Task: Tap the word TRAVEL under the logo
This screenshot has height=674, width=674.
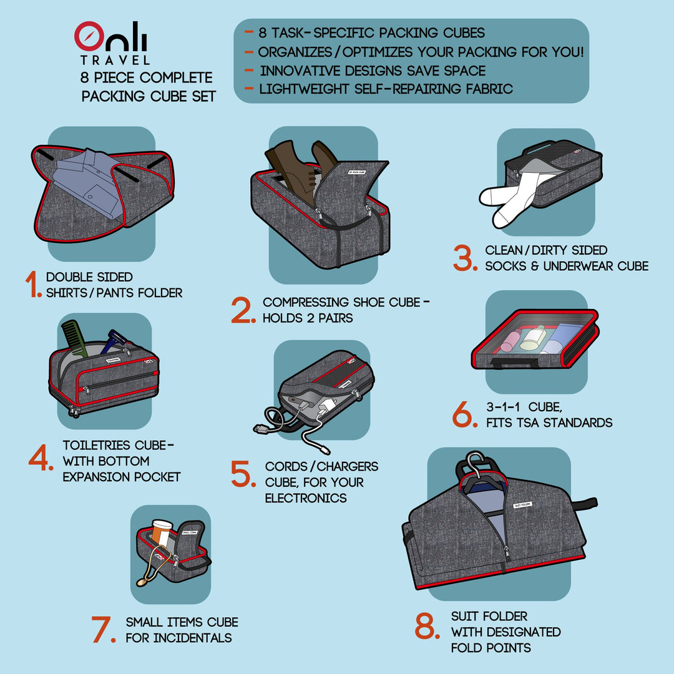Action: coord(115,61)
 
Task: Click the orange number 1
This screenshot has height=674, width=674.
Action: coord(32,285)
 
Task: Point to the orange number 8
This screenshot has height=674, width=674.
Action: coord(428,626)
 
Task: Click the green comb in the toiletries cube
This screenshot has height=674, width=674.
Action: coord(76,337)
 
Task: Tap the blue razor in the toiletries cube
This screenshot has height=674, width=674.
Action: coord(115,341)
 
